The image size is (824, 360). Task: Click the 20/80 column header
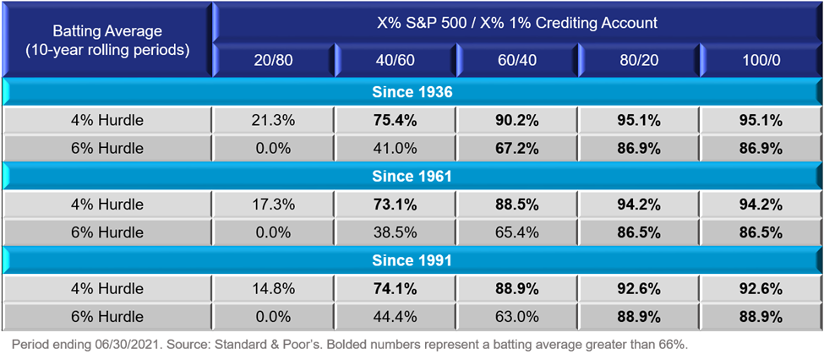click(x=273, y=61)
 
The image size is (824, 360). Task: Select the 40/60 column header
click(x=396, y=61)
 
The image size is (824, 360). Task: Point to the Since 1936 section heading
click(x=412, y=93)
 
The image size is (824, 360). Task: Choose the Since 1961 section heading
click(x=412, y=176)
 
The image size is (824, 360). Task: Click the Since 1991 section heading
click(x=412, y=259)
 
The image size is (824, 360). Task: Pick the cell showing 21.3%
click(x=273, y=121)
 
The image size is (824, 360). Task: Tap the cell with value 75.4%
click(x=396, y=121)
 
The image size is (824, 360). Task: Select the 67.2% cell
click(x=517, y=148)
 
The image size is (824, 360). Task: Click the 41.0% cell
click(x=396, y=148)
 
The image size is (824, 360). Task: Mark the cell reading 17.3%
click(x=273, y=204)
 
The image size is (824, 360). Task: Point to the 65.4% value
click(x=517, y=232)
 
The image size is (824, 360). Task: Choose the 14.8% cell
click(x=273, y=289)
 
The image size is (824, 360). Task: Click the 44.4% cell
click(x=396, y=316)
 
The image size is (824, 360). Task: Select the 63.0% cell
click(x=517, y=316)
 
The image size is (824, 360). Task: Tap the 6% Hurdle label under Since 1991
click(x=107, y=316)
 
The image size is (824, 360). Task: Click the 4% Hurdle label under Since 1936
click(x=107, y=121)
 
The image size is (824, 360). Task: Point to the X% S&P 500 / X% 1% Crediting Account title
click(x=517, y=23)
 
